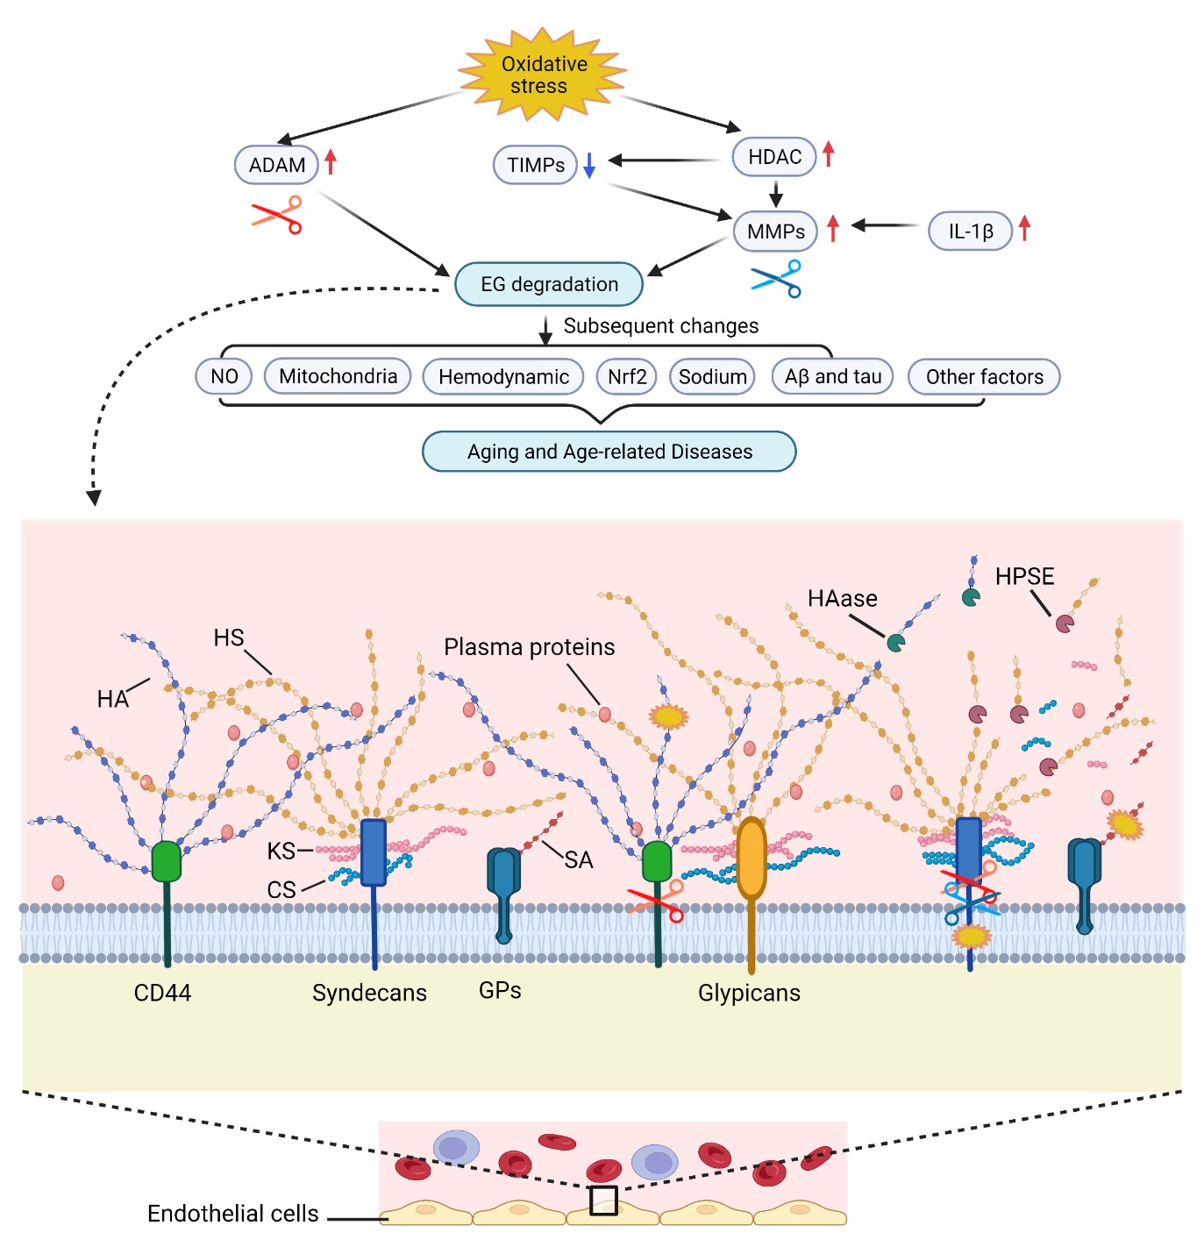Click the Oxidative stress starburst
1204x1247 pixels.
(542, 75)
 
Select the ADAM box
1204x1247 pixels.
(276, 165)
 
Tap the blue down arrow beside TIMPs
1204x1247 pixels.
(589, 165)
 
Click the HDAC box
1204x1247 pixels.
(774, 157)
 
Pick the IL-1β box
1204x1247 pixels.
(970, 232)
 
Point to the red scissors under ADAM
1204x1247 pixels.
(278, 215)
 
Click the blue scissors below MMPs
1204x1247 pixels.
(778, 279)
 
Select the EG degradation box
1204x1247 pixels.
(549, 284)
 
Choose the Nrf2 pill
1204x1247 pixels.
(627, 377)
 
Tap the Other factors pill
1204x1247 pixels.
(984, 377)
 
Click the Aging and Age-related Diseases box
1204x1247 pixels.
(609, 452)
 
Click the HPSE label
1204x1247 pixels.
(1024, 577)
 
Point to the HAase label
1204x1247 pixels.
(842, 599)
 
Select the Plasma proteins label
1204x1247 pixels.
(529, 647)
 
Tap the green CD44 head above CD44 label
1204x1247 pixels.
(166, 861)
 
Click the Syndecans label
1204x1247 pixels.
(369, 993)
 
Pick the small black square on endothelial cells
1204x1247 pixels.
(603, 1201)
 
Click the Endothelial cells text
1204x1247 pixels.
(232, 1214)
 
